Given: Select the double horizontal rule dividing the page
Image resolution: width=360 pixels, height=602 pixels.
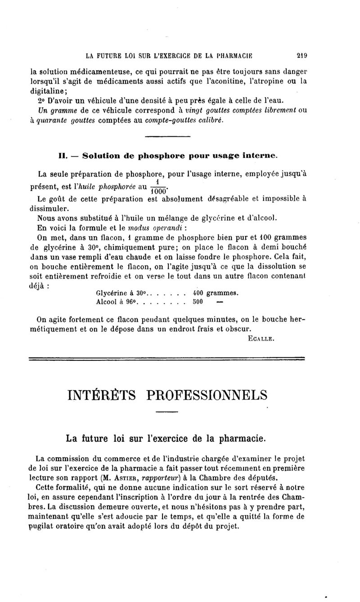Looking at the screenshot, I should pyautogui.click(x=166, y=359).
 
